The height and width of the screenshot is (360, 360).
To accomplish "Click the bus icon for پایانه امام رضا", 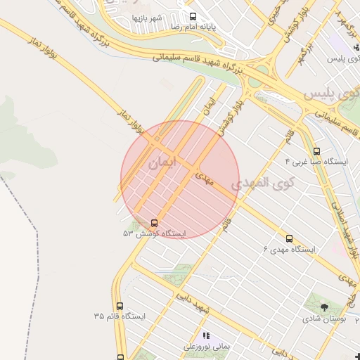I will tap(193, 16).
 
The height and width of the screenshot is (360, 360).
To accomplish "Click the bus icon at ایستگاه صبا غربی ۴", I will tap(316, 150).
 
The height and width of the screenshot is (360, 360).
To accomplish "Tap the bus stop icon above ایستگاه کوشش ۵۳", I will tap(154, 223).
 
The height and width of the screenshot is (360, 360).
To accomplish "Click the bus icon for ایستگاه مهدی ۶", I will tap(289, 238).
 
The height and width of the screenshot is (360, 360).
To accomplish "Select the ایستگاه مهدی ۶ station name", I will tap(289, 250).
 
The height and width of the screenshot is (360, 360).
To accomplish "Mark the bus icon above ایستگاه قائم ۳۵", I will tap(120, 306).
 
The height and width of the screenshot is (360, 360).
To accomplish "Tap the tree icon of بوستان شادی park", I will tap(324, 307).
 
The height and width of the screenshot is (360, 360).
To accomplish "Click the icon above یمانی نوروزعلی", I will tap(206, 335).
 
